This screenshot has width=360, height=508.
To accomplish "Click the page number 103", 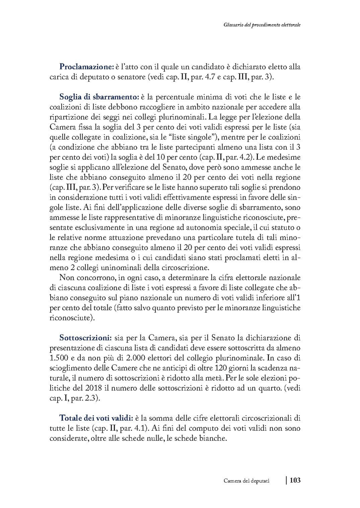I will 295,480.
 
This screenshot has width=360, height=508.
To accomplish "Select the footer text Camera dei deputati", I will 247,481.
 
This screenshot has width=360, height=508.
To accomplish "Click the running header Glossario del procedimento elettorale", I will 261,25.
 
